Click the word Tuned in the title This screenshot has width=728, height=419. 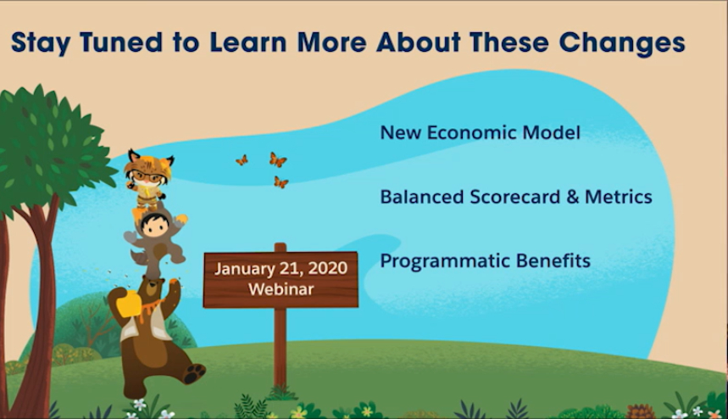[x=121, y=42]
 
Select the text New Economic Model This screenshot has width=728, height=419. [x=480, y=133]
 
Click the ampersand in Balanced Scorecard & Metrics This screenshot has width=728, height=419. [x=572, y=197]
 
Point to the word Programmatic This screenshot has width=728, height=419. [x=444, y=261]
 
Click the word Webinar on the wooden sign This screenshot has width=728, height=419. [x=281, y=289]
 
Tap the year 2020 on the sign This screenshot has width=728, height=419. [x=327, y=268]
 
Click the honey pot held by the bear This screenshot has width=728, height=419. [x=128, y=303]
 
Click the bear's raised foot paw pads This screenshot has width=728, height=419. [x=195, y=373]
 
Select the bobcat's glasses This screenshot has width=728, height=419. [x=147, y=177]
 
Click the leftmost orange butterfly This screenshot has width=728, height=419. [x=242, y=160]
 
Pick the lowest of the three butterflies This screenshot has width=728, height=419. [x=281, y=182]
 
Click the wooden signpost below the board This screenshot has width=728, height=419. [x=280, y=347]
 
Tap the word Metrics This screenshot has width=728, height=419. [x=619, y=197]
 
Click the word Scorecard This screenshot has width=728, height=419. [x=515, y=197]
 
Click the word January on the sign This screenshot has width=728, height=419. [x=245, y=269]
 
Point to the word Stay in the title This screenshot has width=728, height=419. [x=41, y=43]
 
